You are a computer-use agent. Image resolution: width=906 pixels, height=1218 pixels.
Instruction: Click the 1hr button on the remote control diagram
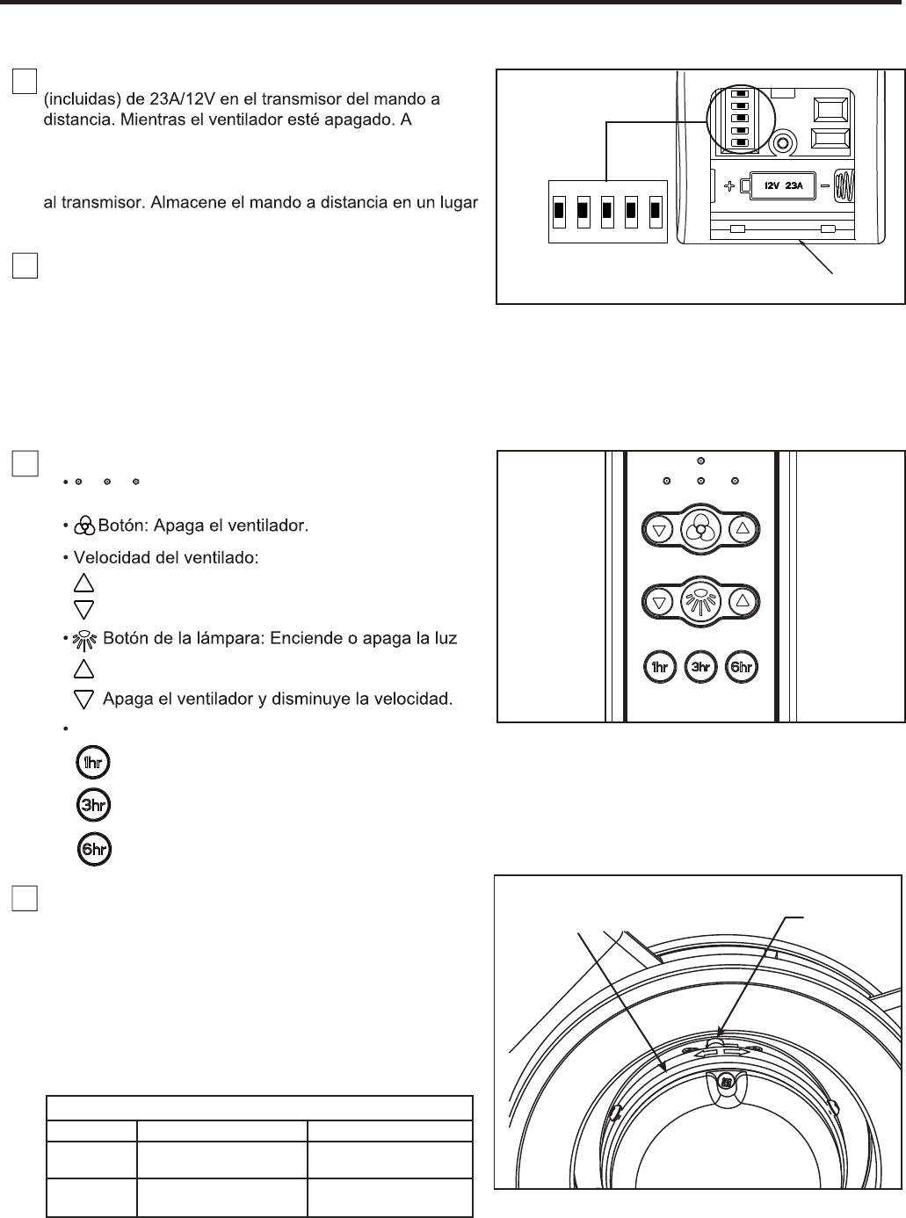pos(659,667)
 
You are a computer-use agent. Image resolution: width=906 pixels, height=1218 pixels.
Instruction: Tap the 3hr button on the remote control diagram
pos(700,667)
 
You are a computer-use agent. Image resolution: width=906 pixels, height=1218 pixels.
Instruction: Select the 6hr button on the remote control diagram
pos(742,667)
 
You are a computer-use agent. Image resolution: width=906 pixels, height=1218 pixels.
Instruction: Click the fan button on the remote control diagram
pos(700,529)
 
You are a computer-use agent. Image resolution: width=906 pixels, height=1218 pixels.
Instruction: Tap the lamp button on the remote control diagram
pos(700,602)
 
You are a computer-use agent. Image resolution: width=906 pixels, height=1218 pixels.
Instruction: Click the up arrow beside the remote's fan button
pos(743,529)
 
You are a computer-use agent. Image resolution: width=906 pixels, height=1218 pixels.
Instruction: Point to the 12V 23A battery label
pos(784,185)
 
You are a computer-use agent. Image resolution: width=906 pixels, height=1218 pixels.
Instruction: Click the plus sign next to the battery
pos(729,186)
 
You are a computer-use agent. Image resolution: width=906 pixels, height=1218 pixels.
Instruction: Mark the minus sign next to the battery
pos(825,186)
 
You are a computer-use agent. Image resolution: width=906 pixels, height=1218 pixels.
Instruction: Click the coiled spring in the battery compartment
pos(844,186)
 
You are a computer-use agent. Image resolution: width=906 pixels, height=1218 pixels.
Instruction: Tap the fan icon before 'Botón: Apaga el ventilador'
pos(84,526)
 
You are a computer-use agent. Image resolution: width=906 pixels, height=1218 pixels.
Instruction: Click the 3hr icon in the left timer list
pos(93,805)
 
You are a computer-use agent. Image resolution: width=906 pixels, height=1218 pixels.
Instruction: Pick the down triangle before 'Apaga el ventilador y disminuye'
pos(83,700)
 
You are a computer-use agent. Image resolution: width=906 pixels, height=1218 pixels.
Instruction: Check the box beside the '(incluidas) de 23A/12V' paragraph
pos(25,81)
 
